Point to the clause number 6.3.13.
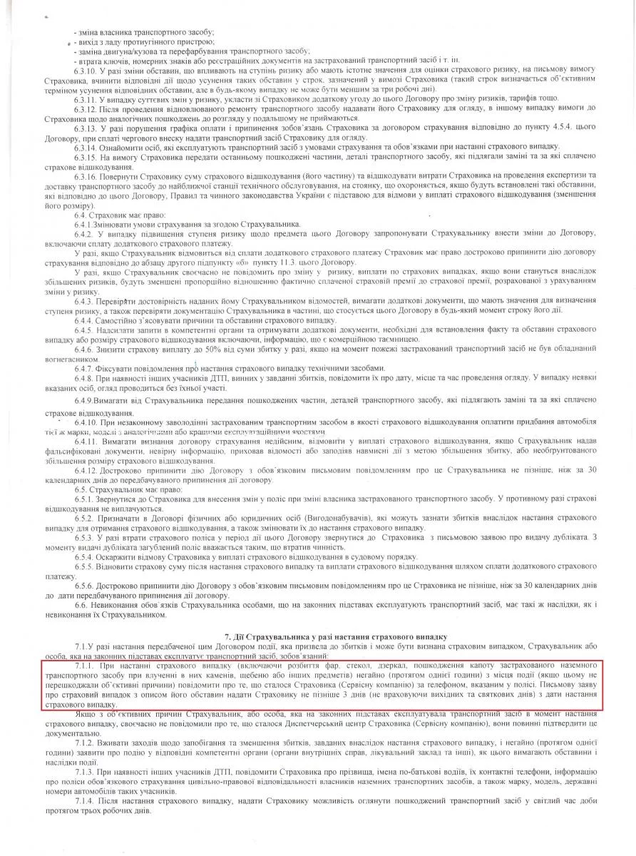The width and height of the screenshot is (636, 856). coord(86,127)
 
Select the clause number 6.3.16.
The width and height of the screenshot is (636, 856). coord(86,173)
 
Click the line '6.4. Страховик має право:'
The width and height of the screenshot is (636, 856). coord(118,215)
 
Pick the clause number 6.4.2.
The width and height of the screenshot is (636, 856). coord(83,234)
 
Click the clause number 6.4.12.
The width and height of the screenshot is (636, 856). coord(86,470)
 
